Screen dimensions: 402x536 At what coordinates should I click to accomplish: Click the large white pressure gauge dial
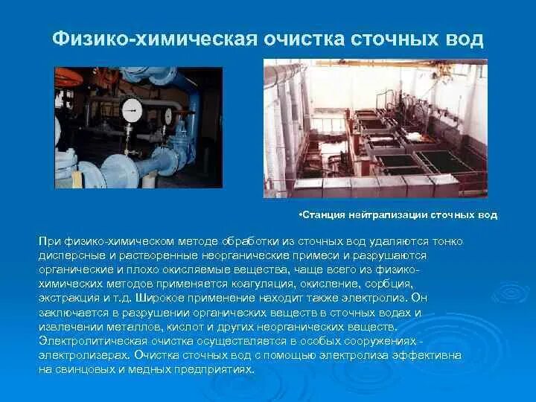pos(132,110)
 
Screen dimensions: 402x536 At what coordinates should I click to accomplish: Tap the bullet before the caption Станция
pos(298,215)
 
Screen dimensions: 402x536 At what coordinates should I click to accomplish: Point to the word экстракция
pos(71,298)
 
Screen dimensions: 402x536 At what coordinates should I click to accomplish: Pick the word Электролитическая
pos(89,340)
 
